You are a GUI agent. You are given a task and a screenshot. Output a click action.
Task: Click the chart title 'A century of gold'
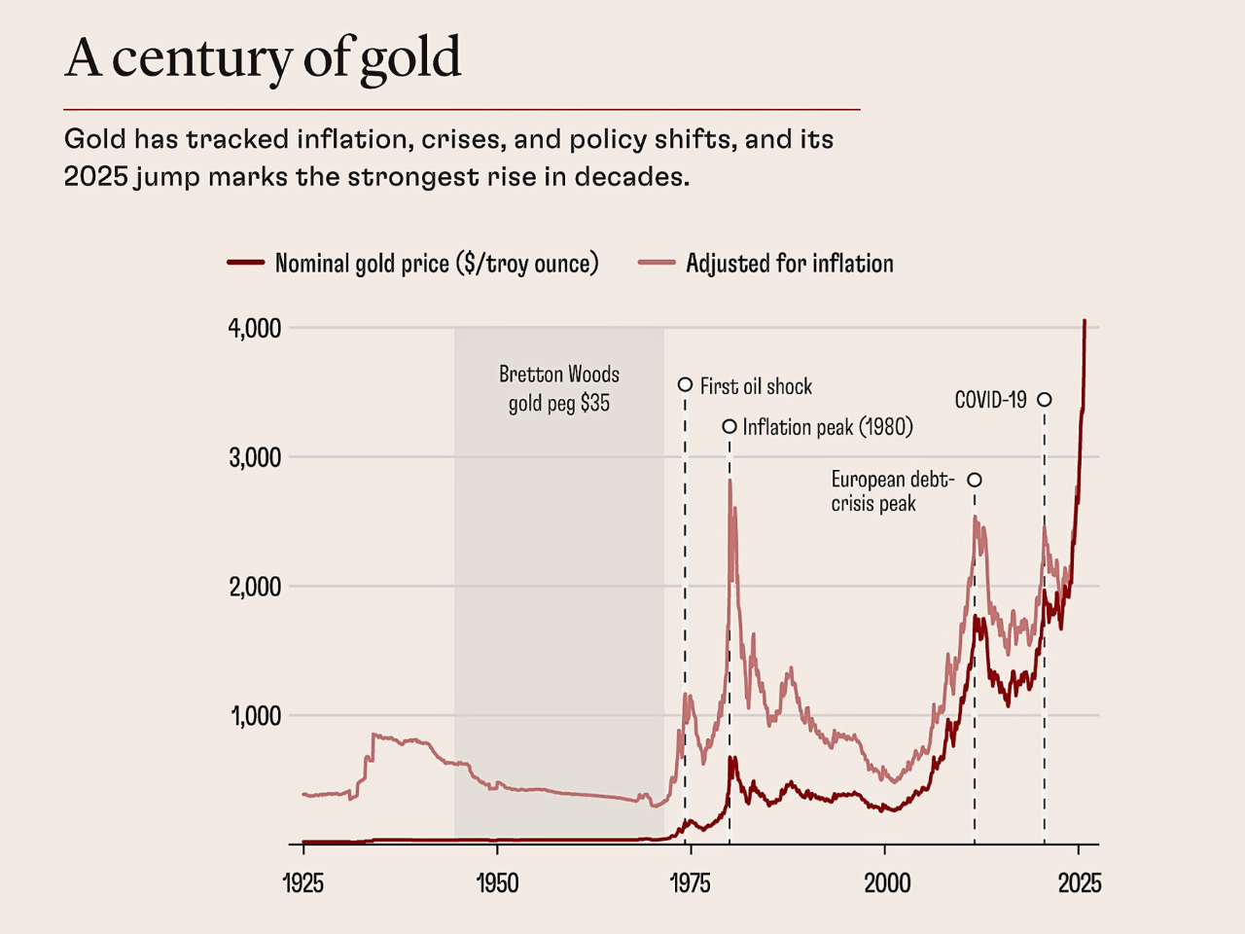tap(263, 57)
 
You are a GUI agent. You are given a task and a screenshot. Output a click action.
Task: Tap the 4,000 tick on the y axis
tap(255, 328)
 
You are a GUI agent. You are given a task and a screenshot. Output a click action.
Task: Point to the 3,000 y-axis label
tap(255, 457)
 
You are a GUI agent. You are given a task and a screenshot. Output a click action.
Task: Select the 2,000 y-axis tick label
tap(255, 587)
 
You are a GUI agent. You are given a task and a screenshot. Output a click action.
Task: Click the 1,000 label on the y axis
tap(256, 716)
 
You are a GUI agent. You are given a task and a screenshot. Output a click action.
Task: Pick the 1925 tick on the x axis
tap(302, 882)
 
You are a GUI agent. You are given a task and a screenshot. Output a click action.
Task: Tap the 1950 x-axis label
tap(497, 882)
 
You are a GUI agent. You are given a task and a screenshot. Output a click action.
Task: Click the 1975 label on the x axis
tap(691, 882)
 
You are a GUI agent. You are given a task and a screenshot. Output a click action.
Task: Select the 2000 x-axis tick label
tap(886, 882)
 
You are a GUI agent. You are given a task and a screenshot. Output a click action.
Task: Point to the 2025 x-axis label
tap(1080, 882)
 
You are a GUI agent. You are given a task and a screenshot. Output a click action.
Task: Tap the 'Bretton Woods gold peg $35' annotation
tap(559, 388)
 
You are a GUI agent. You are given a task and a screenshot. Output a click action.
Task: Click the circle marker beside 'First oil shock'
tap(685, 385)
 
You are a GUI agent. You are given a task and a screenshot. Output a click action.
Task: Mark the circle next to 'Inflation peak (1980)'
tap(729, 426)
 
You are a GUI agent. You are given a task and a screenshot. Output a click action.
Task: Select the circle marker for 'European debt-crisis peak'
tap(975, 480)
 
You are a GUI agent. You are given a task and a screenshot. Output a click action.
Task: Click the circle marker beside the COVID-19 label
tap(1044, 399)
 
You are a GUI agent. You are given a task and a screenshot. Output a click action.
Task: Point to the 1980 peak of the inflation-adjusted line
tap(729, 481)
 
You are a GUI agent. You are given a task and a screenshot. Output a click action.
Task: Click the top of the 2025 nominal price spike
tap(1085, 321)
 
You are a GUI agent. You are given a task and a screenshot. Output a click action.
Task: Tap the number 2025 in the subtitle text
tap(95, 177)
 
